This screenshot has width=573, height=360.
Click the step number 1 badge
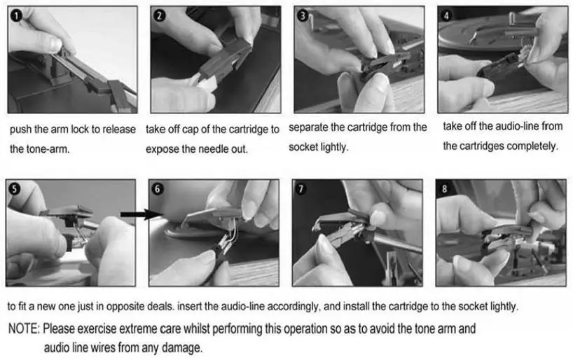point(16,15)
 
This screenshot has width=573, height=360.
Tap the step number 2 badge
point(159,15)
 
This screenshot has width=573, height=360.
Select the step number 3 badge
point(303,15)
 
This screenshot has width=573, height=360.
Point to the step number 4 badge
point(446,15)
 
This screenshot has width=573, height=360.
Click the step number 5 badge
point(14,188)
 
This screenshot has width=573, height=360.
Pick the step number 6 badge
point(158,188)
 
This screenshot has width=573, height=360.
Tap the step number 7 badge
point(301,188)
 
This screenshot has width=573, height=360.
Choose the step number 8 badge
point(444,188)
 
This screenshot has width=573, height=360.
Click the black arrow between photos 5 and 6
point(141,214)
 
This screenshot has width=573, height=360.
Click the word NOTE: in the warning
point(24,328)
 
